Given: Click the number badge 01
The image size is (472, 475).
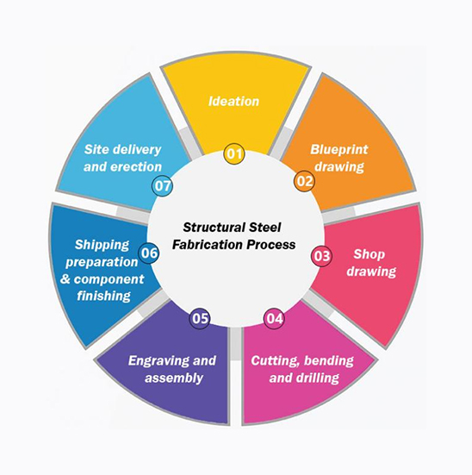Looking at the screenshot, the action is tap(234, 154).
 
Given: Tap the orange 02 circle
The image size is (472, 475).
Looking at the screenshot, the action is tap(304, 181).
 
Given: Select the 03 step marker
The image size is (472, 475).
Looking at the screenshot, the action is tap(321, 256).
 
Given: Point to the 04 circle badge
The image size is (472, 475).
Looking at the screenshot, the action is tap(275, 319).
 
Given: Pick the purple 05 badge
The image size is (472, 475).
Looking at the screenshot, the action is tap(200, 319).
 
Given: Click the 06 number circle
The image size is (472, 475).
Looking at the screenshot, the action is tap(149, 253).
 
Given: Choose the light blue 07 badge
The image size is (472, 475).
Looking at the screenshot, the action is tap(162, 185).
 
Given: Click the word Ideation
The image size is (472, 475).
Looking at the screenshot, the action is tap(233, 101).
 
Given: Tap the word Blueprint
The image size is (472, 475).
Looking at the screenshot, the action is tap(339, 150).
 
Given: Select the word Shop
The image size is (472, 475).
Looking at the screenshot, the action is tap(369, 254).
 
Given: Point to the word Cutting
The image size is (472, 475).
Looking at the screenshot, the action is tap(276, 361).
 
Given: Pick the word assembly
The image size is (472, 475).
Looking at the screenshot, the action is tap(174, 378).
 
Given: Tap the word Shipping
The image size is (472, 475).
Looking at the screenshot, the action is tap(102, 245).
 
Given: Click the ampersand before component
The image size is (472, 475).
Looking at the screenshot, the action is tap(65, 279).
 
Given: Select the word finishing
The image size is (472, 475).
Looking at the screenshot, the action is tap(103, 296).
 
